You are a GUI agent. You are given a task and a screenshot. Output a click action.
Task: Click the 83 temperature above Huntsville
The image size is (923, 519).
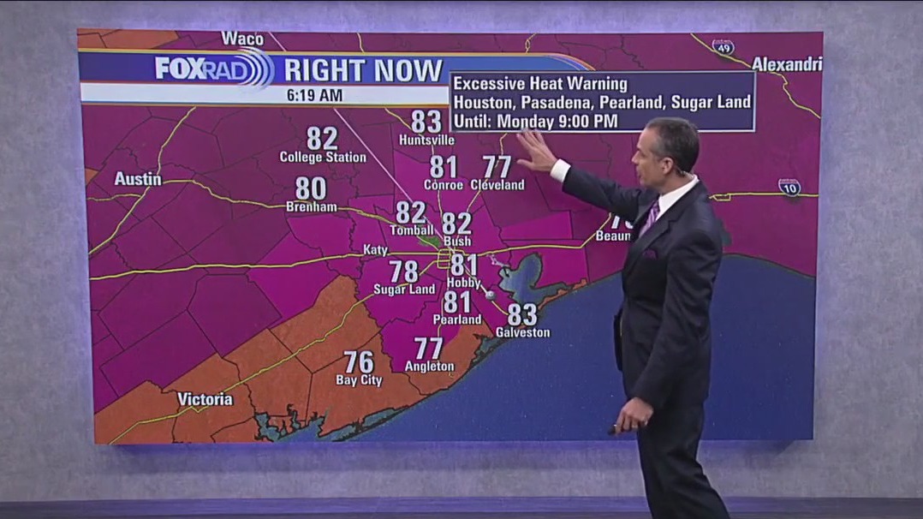tap(426, 121)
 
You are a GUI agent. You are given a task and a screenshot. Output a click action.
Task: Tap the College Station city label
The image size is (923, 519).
tap(323, 158)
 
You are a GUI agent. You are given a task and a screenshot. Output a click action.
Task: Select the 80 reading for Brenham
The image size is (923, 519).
tap(311, 188)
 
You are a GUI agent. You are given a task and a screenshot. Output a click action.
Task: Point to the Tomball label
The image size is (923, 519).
tap(412, 230)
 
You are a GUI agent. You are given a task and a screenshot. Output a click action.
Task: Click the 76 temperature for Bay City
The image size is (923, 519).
tap(359, 361)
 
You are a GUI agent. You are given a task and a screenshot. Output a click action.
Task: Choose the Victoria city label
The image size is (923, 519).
tap(205, 399)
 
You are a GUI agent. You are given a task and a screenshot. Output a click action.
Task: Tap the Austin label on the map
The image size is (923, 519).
tap(138, 179)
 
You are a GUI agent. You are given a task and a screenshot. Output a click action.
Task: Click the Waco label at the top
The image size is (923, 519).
tap(242, 39)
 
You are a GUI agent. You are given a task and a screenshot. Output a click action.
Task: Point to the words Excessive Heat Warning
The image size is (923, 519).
tap(540, 84)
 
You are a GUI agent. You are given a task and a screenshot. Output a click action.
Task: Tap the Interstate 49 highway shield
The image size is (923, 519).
tap(723, 47)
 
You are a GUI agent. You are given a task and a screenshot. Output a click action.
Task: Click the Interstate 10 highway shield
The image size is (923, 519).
tap(789, 188)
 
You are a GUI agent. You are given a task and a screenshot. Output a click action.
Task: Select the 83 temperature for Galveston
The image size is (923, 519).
tap(521, 314)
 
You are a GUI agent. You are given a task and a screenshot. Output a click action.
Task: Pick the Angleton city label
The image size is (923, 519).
tap(429, 367)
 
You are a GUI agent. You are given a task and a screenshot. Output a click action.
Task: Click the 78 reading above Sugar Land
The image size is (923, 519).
tap(403, 271)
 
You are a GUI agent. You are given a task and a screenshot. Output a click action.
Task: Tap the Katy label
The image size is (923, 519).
tap(375, 250)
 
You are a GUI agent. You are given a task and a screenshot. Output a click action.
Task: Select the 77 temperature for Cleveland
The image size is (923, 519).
tap(497, 166)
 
